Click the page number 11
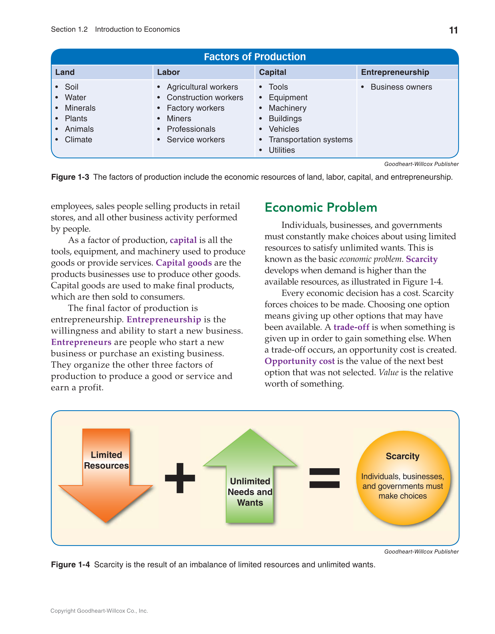coord(453,30)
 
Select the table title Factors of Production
coord(254,57)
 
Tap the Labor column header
coord(168,72)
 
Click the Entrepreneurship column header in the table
coord(395,72)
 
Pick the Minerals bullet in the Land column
coord(80,108)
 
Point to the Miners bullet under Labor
coord(179,118)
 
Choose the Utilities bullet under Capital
coord(281,150)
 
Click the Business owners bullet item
coord(401,87)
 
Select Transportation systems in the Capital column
coord(310,139)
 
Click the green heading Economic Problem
coord(320,208)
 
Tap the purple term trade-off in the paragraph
coord(351,327)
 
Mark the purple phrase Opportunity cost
coord(299,361)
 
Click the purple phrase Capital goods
coord(184,263)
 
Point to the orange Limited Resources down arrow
coord(106,476)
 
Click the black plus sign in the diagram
coord(180,478)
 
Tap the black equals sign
coord(324,478)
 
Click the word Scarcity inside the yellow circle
coord(402,456)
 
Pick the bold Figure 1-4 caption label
coord(70,565)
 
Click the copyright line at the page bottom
coord(99,611)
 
